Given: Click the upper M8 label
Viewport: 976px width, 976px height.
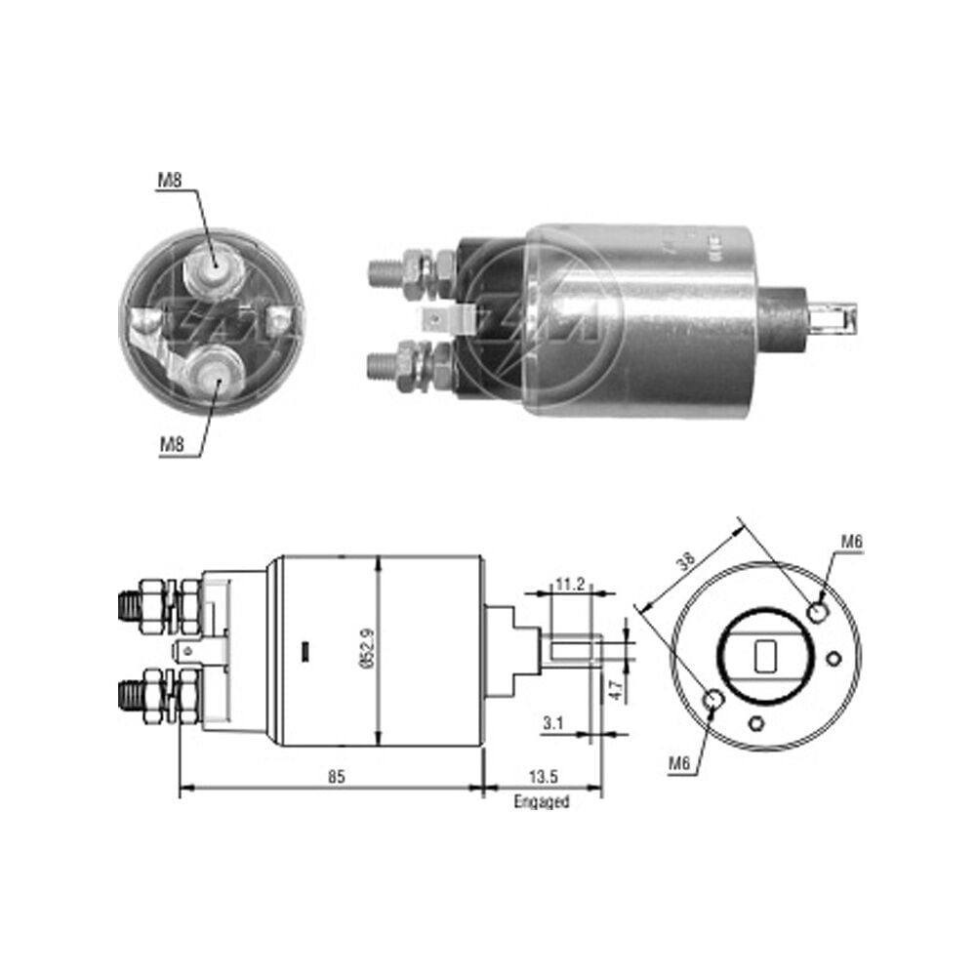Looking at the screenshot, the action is pos(169,180).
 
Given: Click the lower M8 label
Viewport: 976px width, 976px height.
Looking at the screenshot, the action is pos(173,444).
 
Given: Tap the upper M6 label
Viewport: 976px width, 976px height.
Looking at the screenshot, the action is pos(852,542).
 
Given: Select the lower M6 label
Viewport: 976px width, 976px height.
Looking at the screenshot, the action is pos(679,762).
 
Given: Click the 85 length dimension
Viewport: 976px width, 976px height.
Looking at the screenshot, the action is pos(336,776).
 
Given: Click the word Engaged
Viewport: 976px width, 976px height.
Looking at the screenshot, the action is pos(542,801).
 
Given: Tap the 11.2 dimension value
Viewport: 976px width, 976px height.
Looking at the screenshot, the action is pos(570,584).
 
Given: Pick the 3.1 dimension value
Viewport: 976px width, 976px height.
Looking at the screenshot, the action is pos(553,723).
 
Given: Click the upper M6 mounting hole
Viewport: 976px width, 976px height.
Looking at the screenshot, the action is pos(818,613).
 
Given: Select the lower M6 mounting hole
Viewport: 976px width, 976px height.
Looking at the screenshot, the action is pos(712,701).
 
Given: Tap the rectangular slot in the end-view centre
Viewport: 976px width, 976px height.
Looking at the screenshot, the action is pos(765,656).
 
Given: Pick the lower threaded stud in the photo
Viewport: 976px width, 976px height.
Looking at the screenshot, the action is pos(385,364).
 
